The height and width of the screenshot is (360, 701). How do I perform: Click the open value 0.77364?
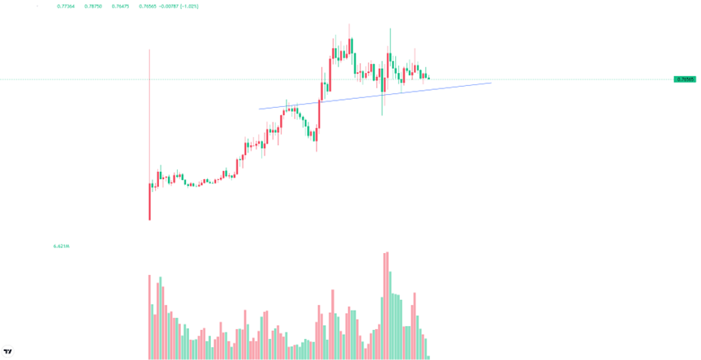tap(66, 6)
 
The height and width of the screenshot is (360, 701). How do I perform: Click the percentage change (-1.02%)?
tap(189, 6)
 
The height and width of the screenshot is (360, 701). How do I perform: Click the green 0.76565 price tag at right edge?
tap(685, 79)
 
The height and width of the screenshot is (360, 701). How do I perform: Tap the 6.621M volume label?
tap(61, 246)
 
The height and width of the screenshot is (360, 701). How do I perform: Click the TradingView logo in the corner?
tap(8, 352)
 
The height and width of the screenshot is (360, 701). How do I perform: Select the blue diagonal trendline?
tap(373, 96)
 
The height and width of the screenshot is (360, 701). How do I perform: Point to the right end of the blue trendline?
tap(491, 83)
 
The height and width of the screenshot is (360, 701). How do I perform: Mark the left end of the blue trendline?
tap(260, 109)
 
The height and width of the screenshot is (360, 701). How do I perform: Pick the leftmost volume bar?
tap(149, 316)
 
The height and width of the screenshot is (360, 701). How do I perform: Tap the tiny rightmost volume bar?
tap(428, 357)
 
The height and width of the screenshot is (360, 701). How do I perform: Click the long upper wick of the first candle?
tap(149, 114)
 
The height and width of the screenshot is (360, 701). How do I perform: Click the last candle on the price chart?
tap(428, 78)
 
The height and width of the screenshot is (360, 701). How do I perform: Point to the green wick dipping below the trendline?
tap(382, 105)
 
